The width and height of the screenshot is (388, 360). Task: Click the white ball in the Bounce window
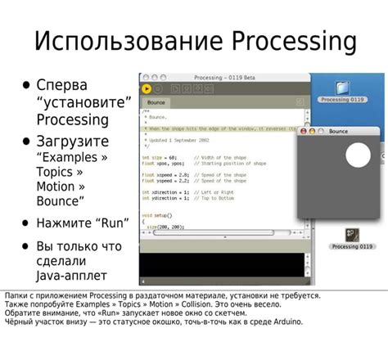(359, 155)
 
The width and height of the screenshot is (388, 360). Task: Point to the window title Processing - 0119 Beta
(223, 77)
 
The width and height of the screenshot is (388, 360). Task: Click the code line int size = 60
(160, 156)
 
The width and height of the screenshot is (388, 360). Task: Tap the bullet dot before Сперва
(26, 84)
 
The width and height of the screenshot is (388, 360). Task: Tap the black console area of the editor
(221, 269)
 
